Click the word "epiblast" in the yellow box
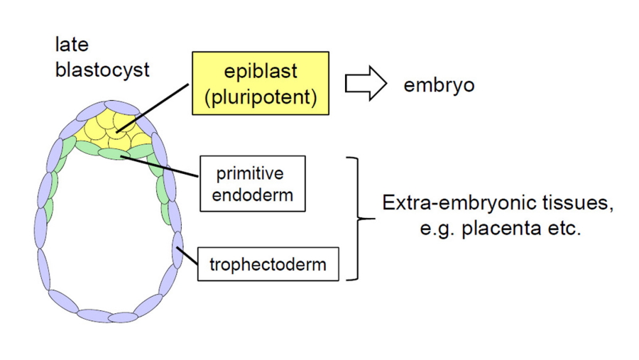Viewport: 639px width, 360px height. (x=260, y=72)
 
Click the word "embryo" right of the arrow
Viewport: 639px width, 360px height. (x=439, y=85)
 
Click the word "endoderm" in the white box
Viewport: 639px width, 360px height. (x=252, y=195)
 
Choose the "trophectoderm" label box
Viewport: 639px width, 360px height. (x=268, y=265)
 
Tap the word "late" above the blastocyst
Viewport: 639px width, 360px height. (x=72, y=45)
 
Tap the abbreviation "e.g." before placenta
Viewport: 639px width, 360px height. (x=435, y=231)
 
